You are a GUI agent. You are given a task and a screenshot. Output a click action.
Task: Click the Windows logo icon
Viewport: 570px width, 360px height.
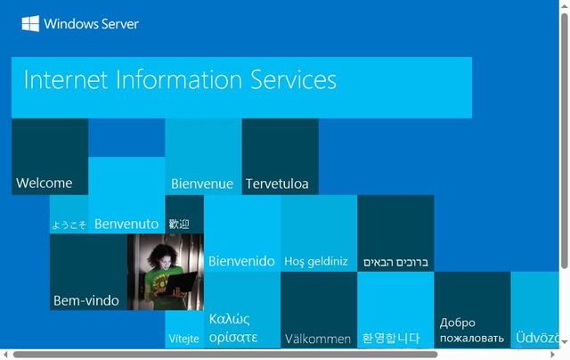coord(30,24)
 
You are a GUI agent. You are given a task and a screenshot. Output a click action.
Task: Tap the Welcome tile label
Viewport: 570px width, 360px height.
coord(45,184)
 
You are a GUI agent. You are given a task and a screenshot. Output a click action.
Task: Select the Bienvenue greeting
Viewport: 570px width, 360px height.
coord(202,184)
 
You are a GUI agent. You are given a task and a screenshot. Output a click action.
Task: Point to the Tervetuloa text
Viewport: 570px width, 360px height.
coord(277,184)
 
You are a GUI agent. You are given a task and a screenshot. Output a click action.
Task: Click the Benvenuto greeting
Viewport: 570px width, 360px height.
coord(126,224)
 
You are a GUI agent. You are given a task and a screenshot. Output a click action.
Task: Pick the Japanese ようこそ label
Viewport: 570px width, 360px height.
coord(69,225)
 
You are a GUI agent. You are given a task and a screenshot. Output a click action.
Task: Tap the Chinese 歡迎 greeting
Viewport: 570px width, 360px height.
coord(179,224)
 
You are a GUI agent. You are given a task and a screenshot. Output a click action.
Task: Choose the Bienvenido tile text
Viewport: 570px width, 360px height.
coord(241,262)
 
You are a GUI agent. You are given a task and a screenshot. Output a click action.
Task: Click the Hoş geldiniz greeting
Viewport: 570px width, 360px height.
coord(316,262)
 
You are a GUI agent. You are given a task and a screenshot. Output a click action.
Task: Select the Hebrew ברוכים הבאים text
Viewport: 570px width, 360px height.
coord(395,263)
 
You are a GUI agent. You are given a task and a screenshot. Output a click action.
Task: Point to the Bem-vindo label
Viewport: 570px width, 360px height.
coord(86,301)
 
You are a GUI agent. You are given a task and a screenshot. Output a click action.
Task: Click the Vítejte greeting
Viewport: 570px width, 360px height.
coord(183,340)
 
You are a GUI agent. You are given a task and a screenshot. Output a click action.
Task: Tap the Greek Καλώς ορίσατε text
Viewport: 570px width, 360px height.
coord(233,329)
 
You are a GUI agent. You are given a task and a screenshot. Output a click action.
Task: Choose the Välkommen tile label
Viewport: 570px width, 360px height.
coord(317,340)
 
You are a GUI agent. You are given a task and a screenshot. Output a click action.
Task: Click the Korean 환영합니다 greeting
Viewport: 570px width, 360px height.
coord(390,339)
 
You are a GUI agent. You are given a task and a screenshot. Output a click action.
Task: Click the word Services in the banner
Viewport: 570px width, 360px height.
coord(295,80)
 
